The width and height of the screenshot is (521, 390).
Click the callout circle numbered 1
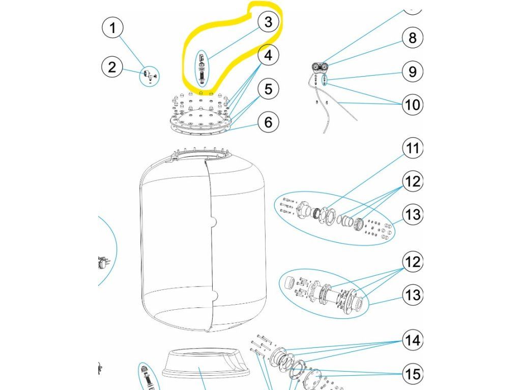point(112,27)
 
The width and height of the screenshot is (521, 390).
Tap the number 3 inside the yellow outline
point(268,22)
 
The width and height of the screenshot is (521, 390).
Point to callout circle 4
point(268,55)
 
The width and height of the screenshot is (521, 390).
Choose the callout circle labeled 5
point(268,89)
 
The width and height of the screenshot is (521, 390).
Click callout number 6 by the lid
point(268,122)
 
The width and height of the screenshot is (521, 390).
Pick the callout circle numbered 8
point(412,38)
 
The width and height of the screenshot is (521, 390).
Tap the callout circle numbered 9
point(412,71)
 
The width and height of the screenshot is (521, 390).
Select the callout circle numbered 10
point(412,105)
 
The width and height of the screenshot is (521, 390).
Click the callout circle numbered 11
point(412,148)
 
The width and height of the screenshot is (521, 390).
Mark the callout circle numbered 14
point(412,340)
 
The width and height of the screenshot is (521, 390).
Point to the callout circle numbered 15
point(412,374)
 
